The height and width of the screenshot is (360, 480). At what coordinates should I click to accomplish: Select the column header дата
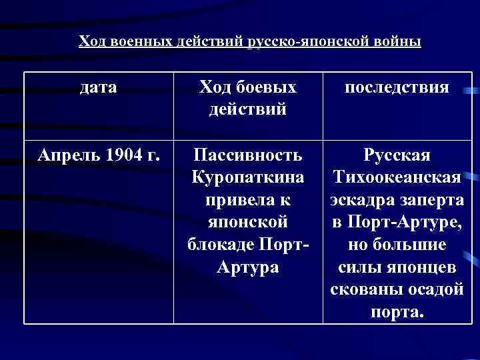click(98, 87)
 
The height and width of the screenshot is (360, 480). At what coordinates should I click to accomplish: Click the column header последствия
click(397, 87)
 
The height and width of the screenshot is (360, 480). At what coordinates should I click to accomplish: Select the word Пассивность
click(247, 156)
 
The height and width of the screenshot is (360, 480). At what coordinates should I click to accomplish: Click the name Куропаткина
click(247, 179)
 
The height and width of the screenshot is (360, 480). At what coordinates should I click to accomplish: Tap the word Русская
click(397, 156)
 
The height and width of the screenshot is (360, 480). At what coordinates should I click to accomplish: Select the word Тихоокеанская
click(397, 179)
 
